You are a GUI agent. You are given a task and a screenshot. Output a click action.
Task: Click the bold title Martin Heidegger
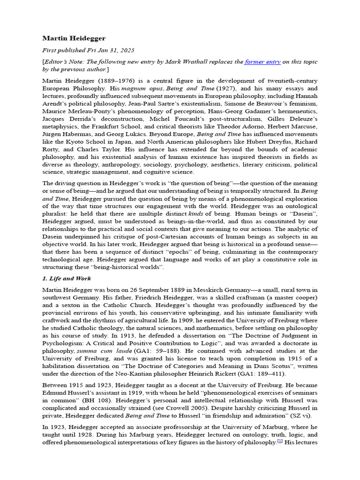tap(74, 38)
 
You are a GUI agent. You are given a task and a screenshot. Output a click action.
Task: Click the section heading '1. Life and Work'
tap(67, 278)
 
